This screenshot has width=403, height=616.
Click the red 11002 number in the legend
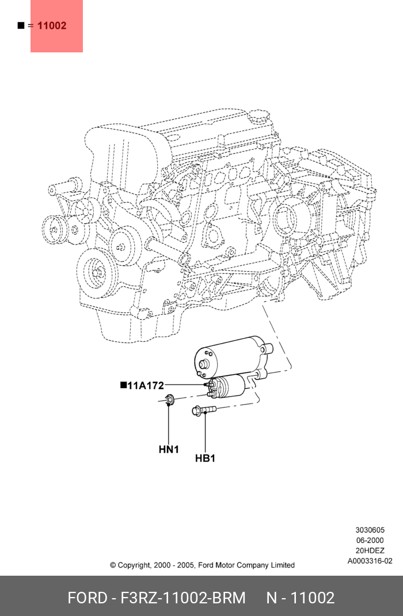[52, 26]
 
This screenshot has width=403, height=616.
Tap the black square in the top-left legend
[21, 25]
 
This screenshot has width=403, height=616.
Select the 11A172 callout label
[145, 386]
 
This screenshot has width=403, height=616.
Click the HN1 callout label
[169, 449]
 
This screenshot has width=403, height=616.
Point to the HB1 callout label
[205, 458]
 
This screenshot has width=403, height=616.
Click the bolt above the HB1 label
[204, 410]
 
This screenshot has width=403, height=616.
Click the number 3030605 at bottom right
[370, 530]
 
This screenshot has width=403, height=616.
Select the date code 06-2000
[370, 541]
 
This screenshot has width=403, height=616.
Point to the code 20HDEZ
[370, 551]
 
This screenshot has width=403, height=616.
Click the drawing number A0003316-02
[370, 561]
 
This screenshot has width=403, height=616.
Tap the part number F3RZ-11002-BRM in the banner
[183, 598]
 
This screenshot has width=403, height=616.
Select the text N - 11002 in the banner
[300, 598]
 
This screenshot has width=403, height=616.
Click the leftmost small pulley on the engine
[54, 230]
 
